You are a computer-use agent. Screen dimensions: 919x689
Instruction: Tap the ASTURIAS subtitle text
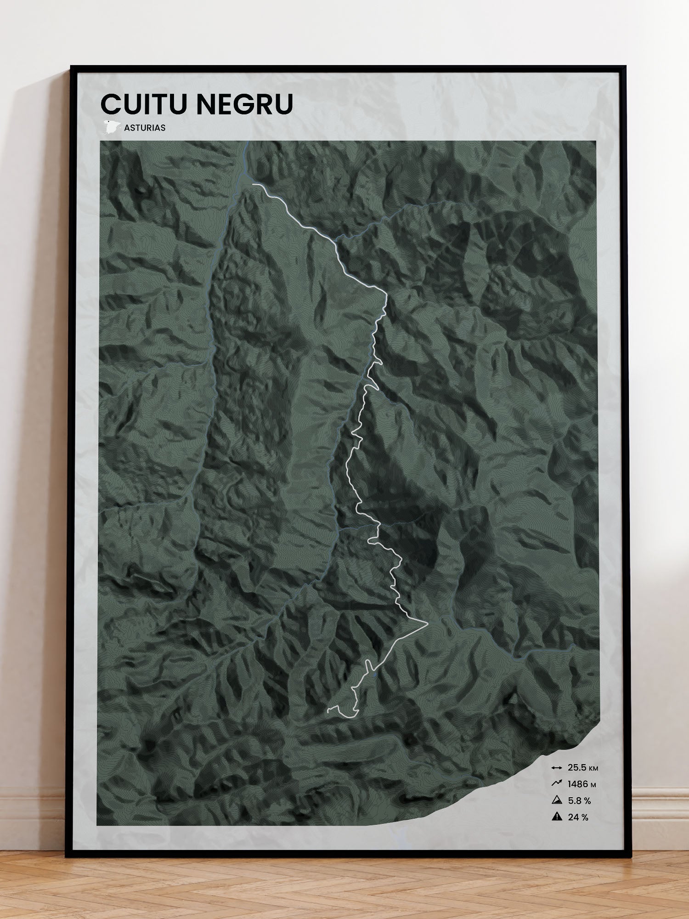click(x=145, y=128)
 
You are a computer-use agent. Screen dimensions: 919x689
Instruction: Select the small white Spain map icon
click(x=112, y=127)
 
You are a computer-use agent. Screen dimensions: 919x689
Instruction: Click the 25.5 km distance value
click(x=576, y=768)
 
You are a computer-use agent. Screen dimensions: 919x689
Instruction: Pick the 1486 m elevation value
click(x=578, y=784)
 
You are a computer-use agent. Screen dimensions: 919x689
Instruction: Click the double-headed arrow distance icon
click(x=557, y=768)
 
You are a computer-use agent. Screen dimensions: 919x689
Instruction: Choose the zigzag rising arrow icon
click(x=557, y=784)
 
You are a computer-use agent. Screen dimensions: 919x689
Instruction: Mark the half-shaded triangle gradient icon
click(x=557, y=800)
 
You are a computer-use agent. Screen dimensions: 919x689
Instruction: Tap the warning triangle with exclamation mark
click(x=557, y=817)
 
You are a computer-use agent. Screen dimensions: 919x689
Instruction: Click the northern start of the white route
click(x=253, y=184)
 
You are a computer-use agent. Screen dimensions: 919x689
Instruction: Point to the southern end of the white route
click(x=328, y=712)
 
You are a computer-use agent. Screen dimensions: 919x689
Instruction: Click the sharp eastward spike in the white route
click(x=427, y=624)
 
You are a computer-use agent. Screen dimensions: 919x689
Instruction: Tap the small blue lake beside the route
click(x=375, y=674)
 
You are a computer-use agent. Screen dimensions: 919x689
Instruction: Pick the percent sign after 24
click(x=585, y=817)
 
